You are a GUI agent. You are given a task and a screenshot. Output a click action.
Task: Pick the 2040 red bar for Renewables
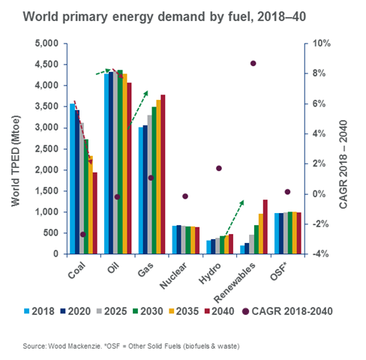click(x=265, y=226)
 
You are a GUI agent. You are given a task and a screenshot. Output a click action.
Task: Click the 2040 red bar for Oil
click(x=129, y=168)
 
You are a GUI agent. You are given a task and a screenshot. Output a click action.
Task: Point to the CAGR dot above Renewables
click(x=253, y=64)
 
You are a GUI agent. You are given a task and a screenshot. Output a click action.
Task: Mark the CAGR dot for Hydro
click(x=219, y=169)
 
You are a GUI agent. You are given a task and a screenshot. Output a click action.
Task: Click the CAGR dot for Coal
click(x=83, y=235)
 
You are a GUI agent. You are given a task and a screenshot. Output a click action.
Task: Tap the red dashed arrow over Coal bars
click(x=82, y=131)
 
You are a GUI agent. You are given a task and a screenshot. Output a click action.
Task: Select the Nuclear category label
click(x=175, y=274)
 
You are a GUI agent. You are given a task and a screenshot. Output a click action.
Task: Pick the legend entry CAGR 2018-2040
click(x=286, y=309)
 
